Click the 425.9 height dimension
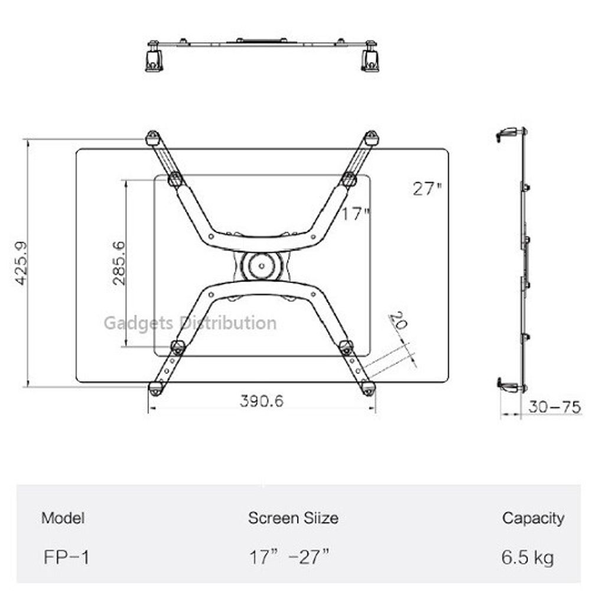pyautogui.click(x=21, y=263)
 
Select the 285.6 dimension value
pyautogui.click(x=119, y=263)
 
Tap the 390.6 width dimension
pyautogui.click(x=262, y=401)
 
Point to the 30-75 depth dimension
pyautogui.click(x=555, y=407)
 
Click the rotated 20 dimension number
pyautogui.click(x=398, y=321)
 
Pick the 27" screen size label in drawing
pyautogui.click(x=427, y=188)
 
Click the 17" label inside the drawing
pyautogui.click(x=356, y=214)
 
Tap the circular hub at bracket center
pyautogui.click(x=262, y=266)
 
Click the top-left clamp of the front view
pyautogui.click(x=153, y=138)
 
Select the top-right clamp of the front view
pyautogui.click(x=371, y=138)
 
